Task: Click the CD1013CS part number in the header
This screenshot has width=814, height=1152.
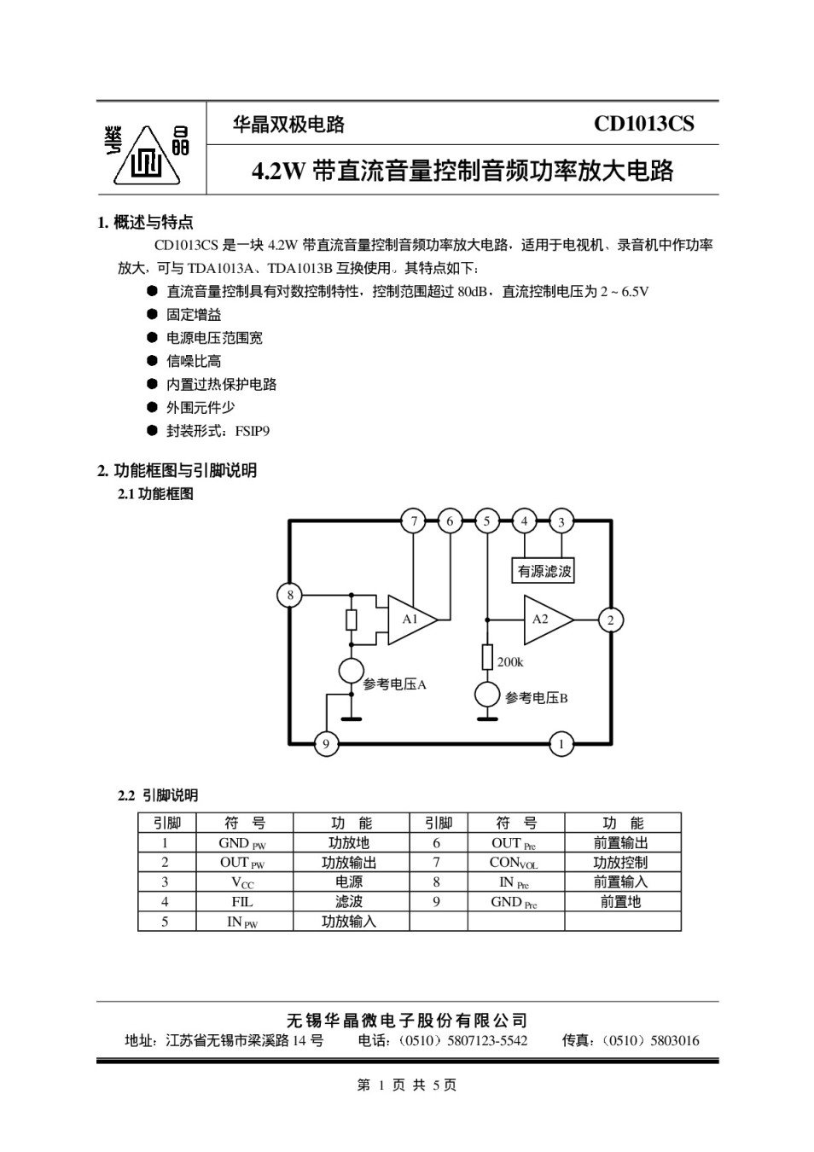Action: tap(643, 125)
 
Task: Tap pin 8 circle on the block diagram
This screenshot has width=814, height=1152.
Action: tap(290, 595)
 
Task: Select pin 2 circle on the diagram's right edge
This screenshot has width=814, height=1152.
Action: tap(610, 620)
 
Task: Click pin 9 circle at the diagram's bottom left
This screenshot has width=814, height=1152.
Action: tap(325, 745)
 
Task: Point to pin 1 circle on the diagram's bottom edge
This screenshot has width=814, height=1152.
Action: tap(561, 745)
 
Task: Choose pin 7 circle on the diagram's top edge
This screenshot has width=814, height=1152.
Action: tap(413, 521)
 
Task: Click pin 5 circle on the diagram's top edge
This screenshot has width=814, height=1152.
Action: tap(486, 521)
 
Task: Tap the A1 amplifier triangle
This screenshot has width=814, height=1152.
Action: tap(411, 619)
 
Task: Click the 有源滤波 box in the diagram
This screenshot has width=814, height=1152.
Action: tap(544, 571)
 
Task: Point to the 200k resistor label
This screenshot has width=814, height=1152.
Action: tap(510, 662)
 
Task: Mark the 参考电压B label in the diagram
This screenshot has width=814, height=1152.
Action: tap(536, 698)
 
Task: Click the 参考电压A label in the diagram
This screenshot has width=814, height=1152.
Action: tap(394, 684)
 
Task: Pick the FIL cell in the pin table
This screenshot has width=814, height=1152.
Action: tap(242, 901)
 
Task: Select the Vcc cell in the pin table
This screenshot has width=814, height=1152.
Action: tap(242, 882)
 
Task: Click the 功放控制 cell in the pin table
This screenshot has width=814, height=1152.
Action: tap(620, 863)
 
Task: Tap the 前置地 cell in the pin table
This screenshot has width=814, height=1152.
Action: tap(620, 901)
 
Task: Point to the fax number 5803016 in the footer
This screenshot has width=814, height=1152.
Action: tap(674, 1040)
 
